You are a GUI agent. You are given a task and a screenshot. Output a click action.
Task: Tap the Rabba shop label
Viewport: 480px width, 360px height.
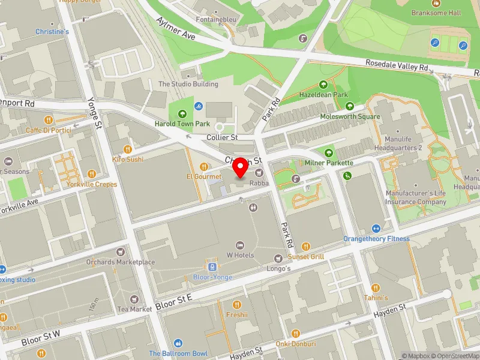[259, 182]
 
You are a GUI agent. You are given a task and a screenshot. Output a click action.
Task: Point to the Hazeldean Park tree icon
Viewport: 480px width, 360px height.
[324, 85]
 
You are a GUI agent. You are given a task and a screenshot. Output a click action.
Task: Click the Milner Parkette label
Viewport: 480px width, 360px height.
[328, 163]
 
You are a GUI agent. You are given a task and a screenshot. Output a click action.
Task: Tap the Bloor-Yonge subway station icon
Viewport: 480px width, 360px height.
[211, 267]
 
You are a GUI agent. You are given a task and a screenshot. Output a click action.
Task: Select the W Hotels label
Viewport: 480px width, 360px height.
[240, 255]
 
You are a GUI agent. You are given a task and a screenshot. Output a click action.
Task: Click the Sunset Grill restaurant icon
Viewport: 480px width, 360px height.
[305, 246]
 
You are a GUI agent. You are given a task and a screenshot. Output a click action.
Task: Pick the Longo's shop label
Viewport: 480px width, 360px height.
[278, 268]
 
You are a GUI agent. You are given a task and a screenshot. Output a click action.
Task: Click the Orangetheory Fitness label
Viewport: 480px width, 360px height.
[376, 238]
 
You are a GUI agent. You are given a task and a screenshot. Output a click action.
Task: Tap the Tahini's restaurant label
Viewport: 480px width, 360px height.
[376, 298]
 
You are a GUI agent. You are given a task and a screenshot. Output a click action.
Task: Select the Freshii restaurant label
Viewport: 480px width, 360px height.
[236, 314]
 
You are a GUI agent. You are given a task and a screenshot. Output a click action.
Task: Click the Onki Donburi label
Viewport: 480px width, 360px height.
[295, 344]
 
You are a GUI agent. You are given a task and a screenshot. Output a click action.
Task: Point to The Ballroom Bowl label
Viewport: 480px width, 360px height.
[178, 353]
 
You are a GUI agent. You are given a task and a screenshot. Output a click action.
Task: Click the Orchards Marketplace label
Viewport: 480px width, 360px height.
[120, 262]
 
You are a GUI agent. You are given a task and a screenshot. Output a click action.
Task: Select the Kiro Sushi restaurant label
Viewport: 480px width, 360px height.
[128, 159]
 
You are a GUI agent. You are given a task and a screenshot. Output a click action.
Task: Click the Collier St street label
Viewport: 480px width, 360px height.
[222, 137]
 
